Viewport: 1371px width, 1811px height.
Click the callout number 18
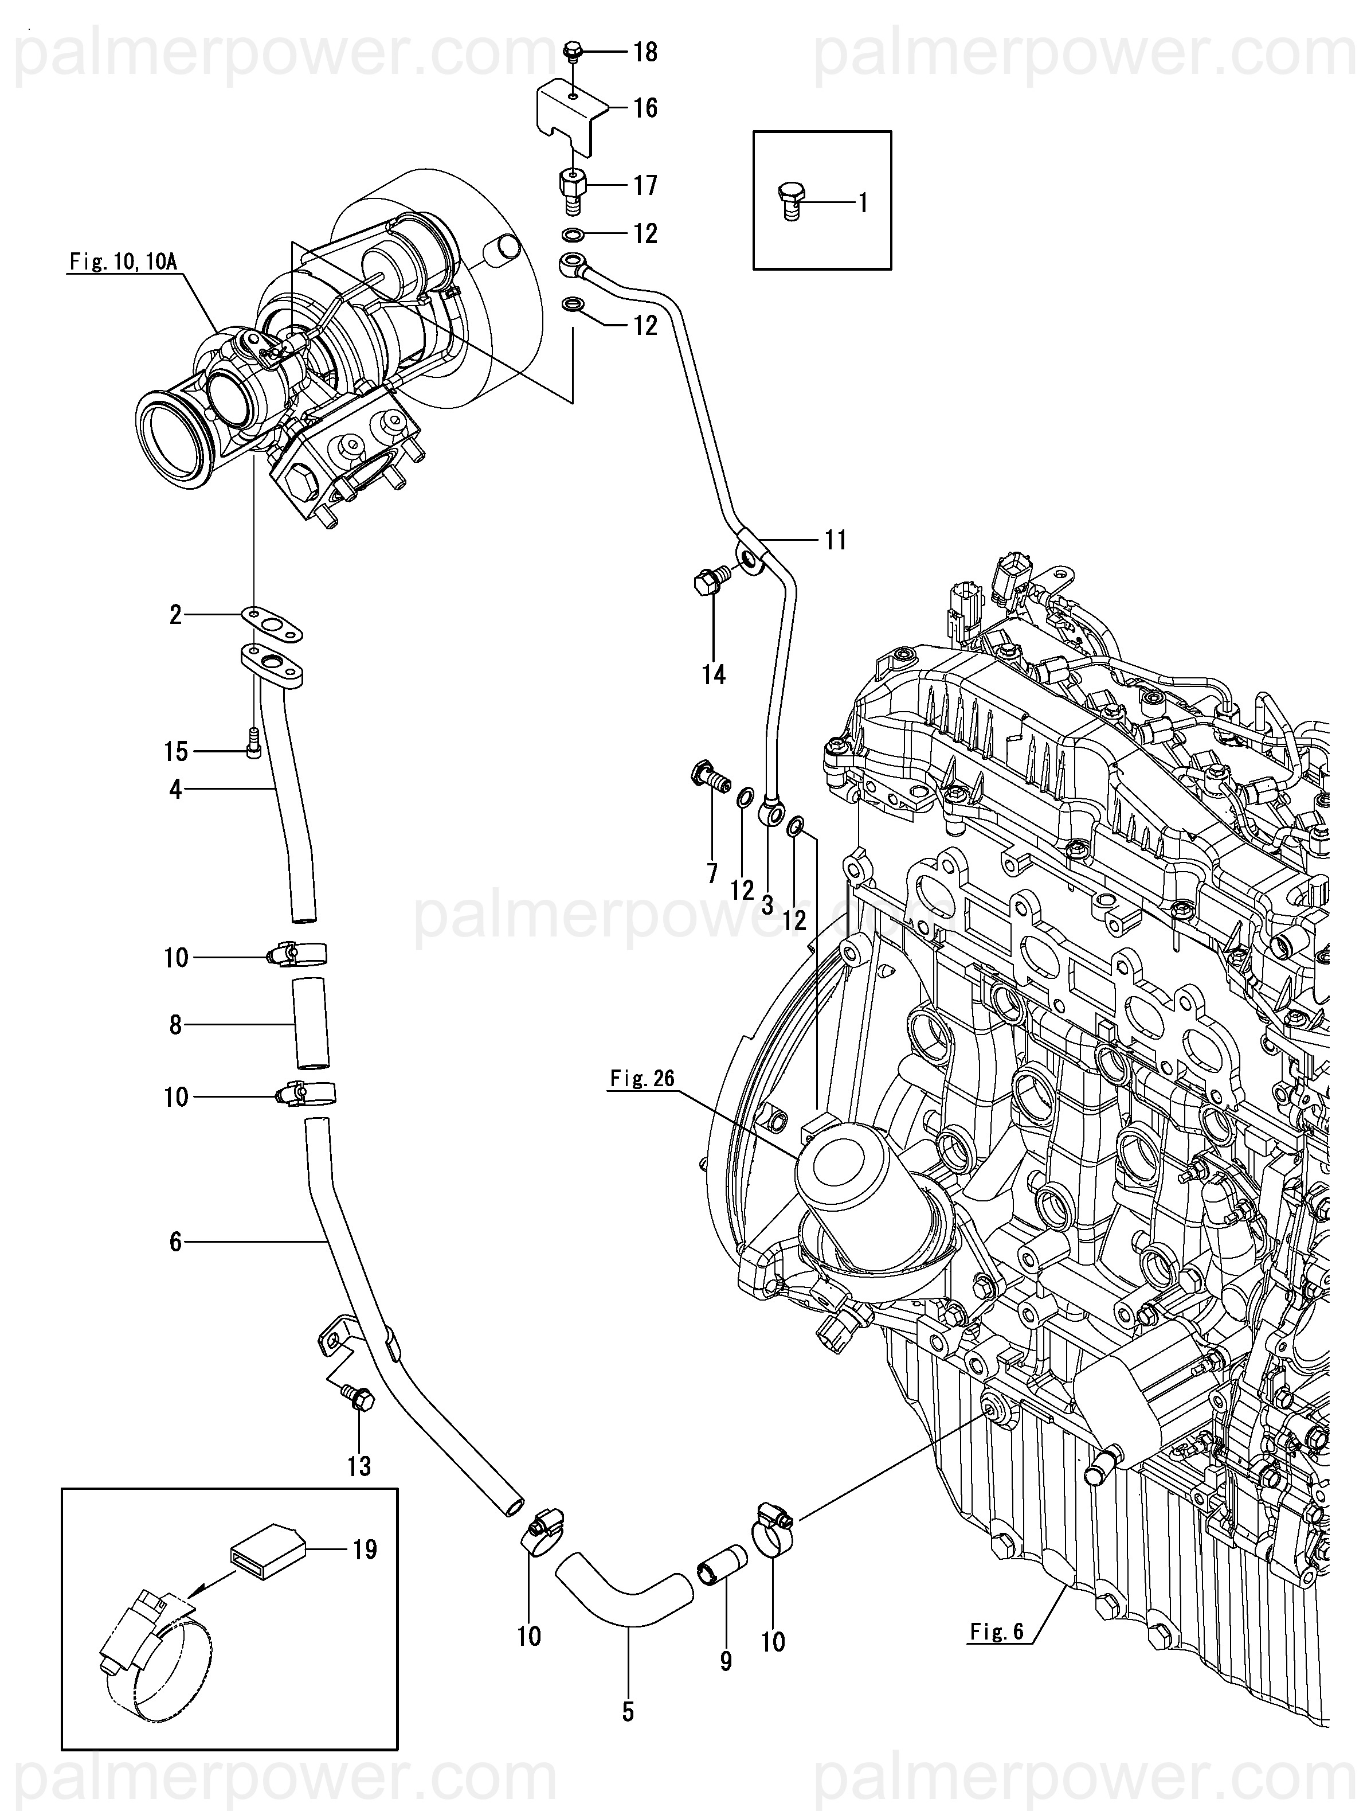click(646, 52)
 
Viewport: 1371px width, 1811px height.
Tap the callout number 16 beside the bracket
click(646, 108)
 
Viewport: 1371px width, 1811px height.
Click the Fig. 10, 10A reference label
click(122, 262)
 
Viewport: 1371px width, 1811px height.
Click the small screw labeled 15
click(254, 743)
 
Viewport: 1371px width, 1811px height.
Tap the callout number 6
click(176, 1242)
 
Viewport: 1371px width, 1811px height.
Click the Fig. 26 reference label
click(643, 1079)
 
